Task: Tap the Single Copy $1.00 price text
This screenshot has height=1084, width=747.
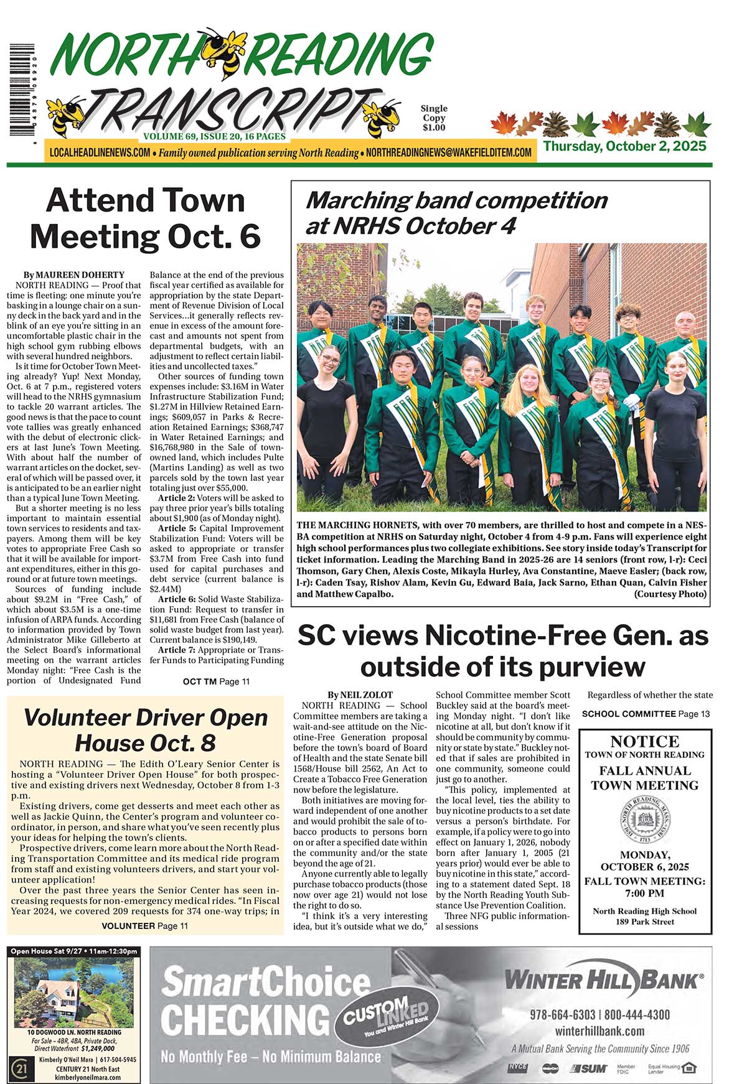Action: (434, 118)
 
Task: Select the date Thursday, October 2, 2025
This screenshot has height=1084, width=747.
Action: (624, 146)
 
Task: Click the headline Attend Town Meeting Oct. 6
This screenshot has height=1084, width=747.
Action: (145, 218)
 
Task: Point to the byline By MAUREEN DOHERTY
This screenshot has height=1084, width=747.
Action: (74, 274)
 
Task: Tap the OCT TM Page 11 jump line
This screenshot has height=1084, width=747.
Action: (216, 681)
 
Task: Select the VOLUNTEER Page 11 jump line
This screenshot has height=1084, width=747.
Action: (144, 925)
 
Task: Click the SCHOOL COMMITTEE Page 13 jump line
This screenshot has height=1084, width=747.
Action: (646, 714)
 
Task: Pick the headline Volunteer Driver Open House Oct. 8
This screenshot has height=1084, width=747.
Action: (145, 730)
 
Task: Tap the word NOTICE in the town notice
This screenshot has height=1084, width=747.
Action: (645, 741)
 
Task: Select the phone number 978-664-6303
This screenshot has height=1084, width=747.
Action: (562, 1015)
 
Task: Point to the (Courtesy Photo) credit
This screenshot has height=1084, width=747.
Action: (670, 594)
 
